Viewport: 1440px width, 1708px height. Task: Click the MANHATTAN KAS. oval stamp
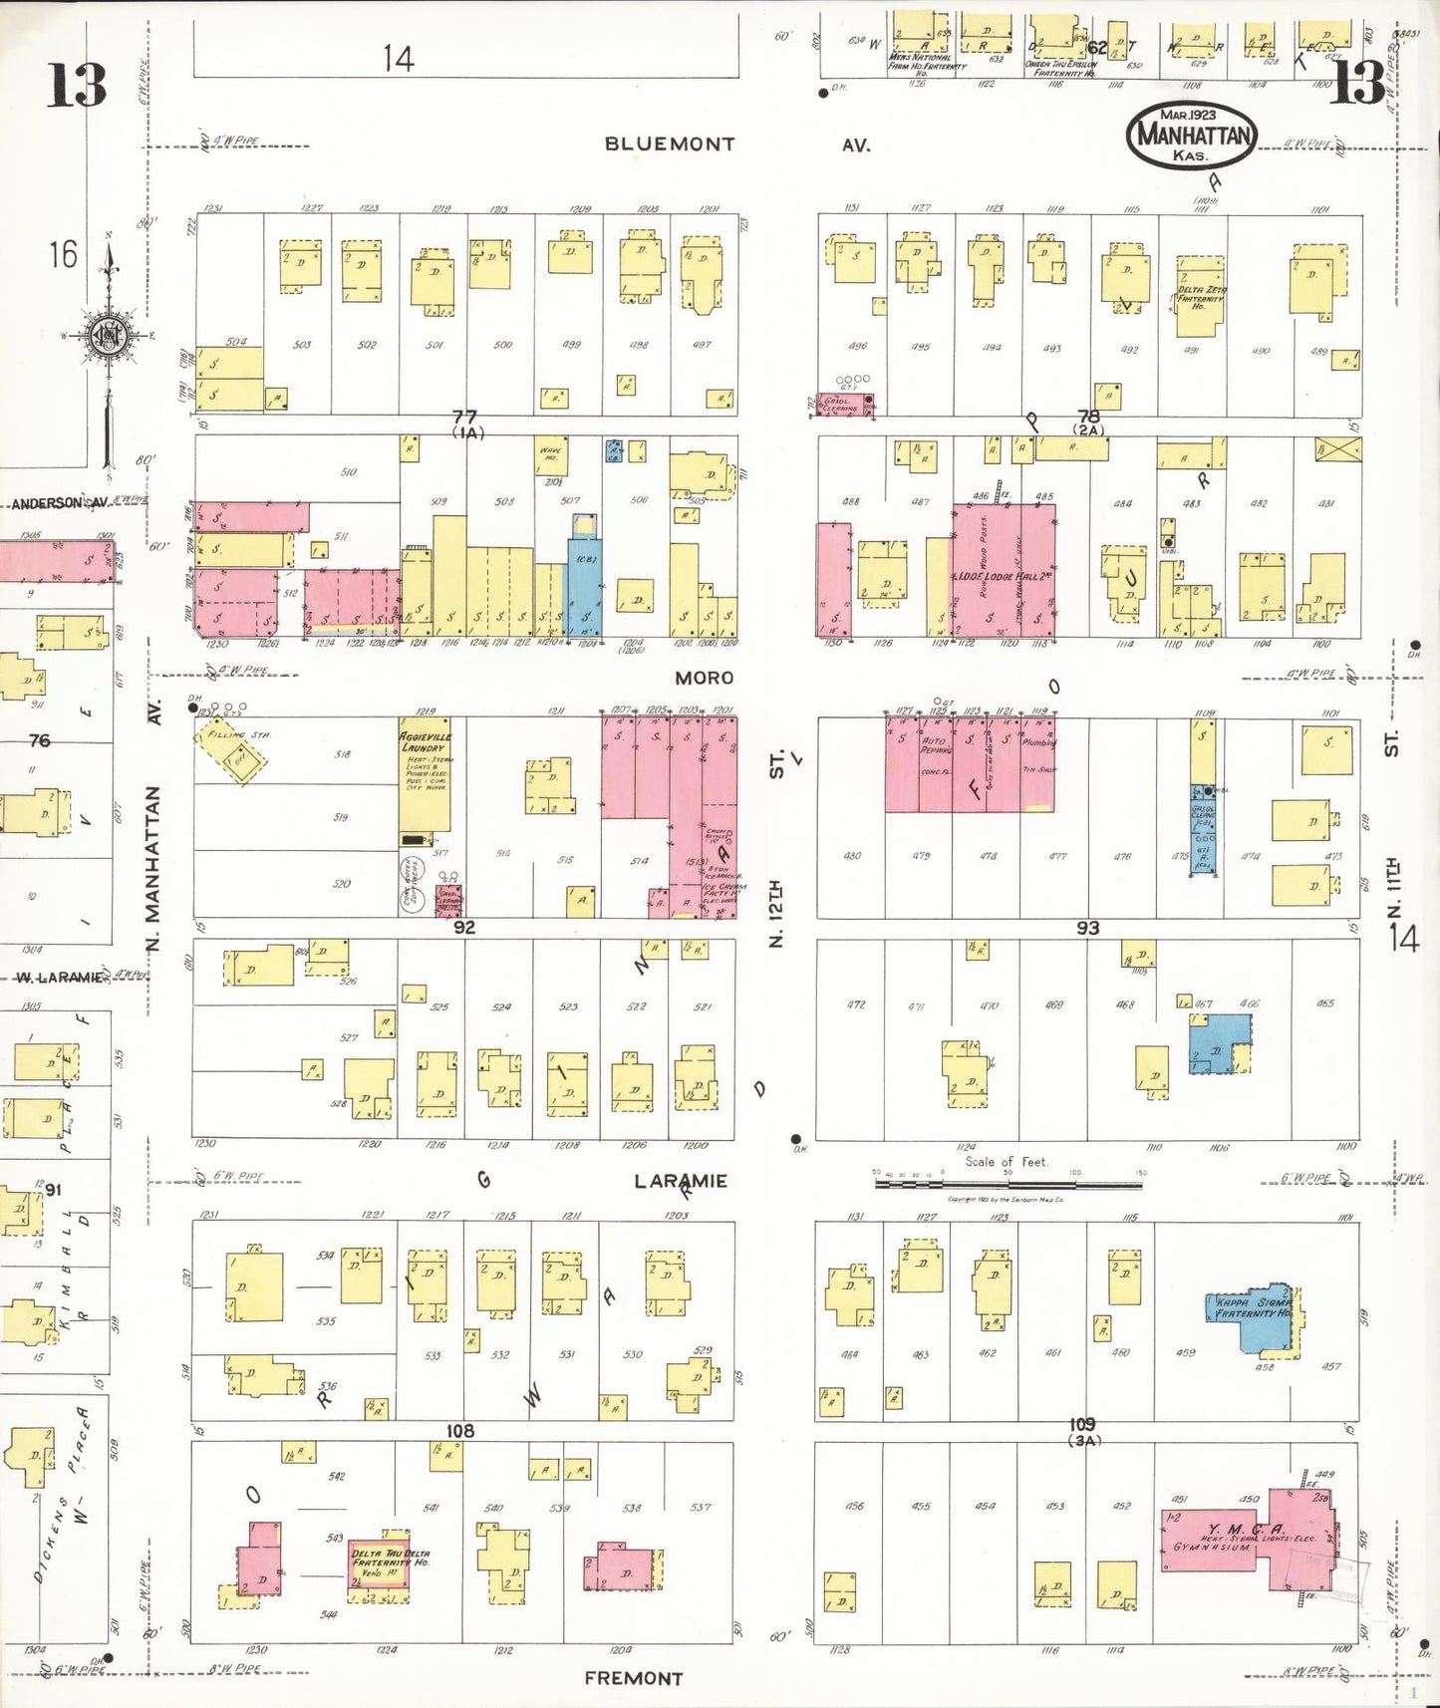(1192, 134)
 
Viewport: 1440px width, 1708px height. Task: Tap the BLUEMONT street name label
(669, 144)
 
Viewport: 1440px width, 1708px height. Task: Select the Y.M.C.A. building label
(1245, 1530)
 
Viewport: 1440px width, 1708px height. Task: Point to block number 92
(464, 928)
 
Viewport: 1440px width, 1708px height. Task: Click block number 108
(459, 1431)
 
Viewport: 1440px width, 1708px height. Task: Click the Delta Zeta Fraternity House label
(1201, 297)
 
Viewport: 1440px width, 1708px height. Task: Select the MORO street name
(704, 679)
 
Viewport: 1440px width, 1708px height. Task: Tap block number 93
(1087, 928)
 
